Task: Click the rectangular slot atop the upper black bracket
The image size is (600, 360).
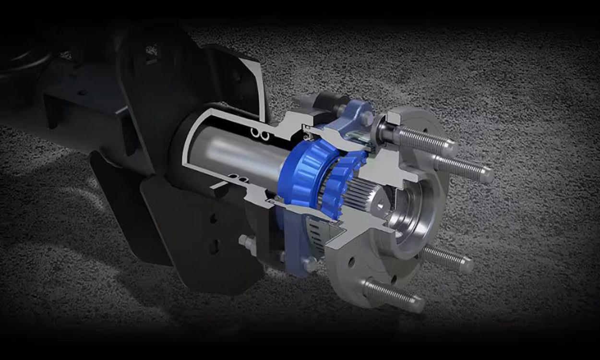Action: point(151,50)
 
